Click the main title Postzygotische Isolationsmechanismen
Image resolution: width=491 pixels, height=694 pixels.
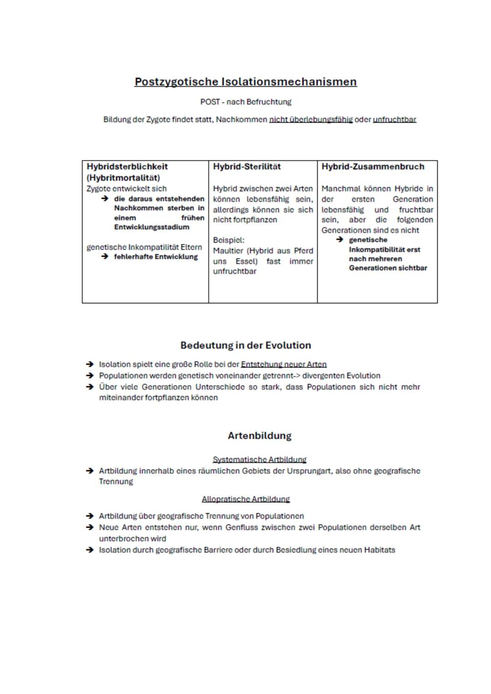pyautogui.click(x=245, y=82)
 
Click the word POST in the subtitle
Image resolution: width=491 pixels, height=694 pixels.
pyautogui.click(x=210, y=102)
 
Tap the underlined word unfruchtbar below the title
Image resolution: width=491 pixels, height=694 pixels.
pyautogui.click(x=394, y=120)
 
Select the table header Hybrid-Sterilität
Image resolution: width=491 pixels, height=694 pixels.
pyautogui.click(x=247, y=167)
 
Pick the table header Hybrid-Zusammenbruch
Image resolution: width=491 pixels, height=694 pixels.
pyautogui.click(x=373, y=167)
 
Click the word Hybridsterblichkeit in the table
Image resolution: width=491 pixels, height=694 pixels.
pyautogui.click(x=127, y=167)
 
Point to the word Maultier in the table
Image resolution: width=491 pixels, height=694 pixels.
pyautogui.click(x=228, y=251)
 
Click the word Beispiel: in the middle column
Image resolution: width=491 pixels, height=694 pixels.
pyautogui.click(x=229, y=240)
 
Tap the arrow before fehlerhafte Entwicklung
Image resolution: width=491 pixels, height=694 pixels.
pyautogui.click(x=105, y=257)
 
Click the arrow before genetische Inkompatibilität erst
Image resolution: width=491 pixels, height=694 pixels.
pyautogui.click(x=340, y=240)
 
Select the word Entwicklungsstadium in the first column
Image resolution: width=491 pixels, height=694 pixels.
pyautogui.click(x=151, y=227)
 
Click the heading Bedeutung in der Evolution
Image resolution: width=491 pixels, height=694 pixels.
pyautogui.click(x=245, y=345)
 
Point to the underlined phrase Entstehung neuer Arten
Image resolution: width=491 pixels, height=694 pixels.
pyautogui.click(x=284, y=364)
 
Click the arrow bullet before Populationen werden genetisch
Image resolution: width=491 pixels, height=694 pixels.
pyautogui.click(x=90, y=376)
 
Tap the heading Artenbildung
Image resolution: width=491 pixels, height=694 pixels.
pyautogui.click(x=259, y=436)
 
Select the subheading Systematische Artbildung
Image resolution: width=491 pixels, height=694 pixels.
pyautogui.click(x=259, y=459)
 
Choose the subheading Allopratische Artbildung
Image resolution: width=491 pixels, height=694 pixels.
pyautogui.click(x=245, y=499)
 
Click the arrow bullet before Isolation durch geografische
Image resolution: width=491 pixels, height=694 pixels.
pyautogui.click(x=90, y=550)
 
